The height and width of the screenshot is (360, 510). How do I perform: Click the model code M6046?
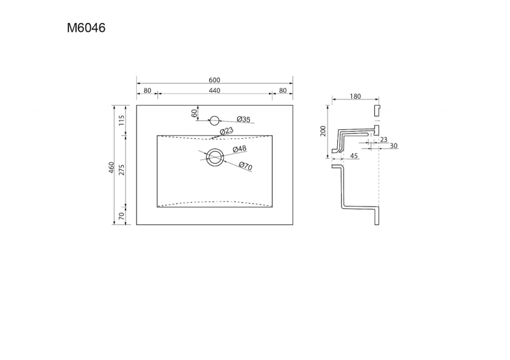(86, 28)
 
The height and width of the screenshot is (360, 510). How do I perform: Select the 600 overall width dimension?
(214, 80)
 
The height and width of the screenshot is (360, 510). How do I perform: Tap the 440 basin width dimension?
(214, 90)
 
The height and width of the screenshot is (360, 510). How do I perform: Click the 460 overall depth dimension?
(111, 167)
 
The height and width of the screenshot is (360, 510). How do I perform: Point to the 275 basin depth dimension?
(121, 169)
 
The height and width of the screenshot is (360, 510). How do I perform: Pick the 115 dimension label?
(121, 120)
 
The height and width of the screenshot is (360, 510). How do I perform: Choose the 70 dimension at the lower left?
(121, 216)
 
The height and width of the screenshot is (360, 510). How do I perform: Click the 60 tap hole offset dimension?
(194, 113)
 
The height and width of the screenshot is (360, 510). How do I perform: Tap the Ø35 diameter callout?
(244, 119)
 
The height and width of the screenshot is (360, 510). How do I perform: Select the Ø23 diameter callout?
(227, 131)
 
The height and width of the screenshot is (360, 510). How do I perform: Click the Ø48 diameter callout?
(240, 149)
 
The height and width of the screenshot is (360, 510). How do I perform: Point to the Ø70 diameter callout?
(245, 166)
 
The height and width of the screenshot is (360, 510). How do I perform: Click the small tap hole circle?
(214, 120)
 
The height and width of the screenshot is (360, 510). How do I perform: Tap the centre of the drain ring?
(215, 157)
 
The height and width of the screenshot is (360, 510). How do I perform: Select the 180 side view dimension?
(355, 96)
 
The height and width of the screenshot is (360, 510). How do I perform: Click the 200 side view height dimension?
(323, 131)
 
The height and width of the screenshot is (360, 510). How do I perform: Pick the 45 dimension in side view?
(354, 155)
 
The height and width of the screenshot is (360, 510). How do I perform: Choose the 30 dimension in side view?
(393, 146)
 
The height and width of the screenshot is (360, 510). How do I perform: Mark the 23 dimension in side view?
(384, 140)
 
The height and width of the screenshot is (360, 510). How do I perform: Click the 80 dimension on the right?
(282, 90)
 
